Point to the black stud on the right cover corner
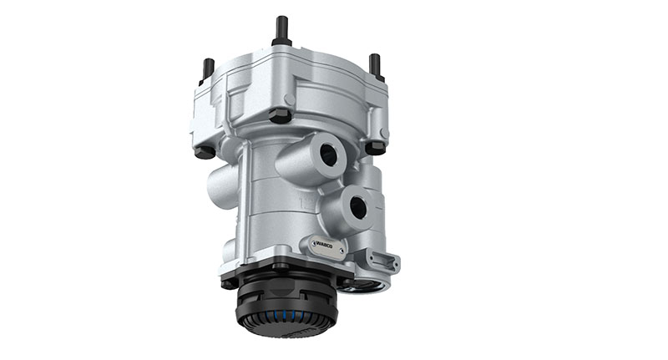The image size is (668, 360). click(375, 65)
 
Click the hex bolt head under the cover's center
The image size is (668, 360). click(281, 115)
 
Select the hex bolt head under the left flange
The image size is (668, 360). click(204, 152)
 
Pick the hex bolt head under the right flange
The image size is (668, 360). click(375, 148)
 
